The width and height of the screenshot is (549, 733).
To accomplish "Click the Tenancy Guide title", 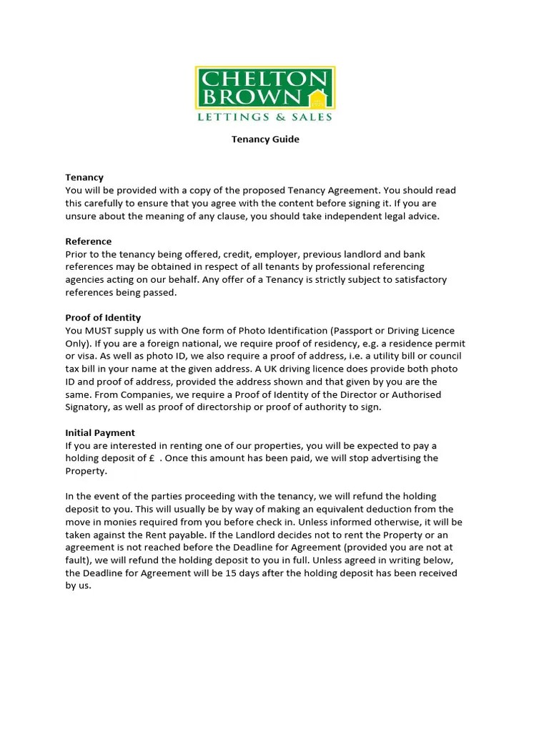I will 265,140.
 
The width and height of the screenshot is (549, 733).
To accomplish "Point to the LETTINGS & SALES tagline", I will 265,116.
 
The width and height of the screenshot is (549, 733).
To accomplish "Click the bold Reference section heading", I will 89,241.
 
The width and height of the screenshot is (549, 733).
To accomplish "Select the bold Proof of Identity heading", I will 103,317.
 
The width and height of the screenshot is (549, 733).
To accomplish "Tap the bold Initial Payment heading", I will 100,432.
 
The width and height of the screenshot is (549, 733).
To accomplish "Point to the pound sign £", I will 152,458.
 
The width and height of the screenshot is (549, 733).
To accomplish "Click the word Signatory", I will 89,407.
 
